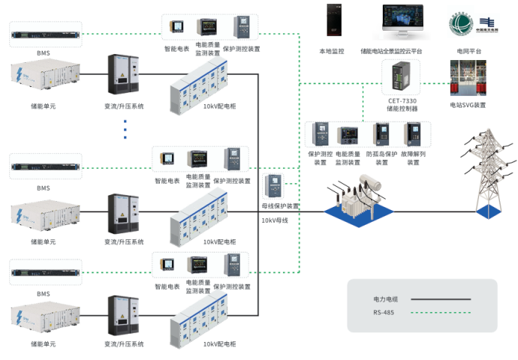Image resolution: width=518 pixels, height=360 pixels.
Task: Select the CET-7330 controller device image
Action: (399, 78)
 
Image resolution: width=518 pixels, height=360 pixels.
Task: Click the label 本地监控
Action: (331, 51)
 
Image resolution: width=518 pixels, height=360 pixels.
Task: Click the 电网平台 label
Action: (469, 51)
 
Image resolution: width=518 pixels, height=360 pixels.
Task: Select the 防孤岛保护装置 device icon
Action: (381, 135)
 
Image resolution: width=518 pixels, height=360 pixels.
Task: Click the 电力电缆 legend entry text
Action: (385, 299)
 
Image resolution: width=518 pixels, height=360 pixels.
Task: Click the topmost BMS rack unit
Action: (43, 34)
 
